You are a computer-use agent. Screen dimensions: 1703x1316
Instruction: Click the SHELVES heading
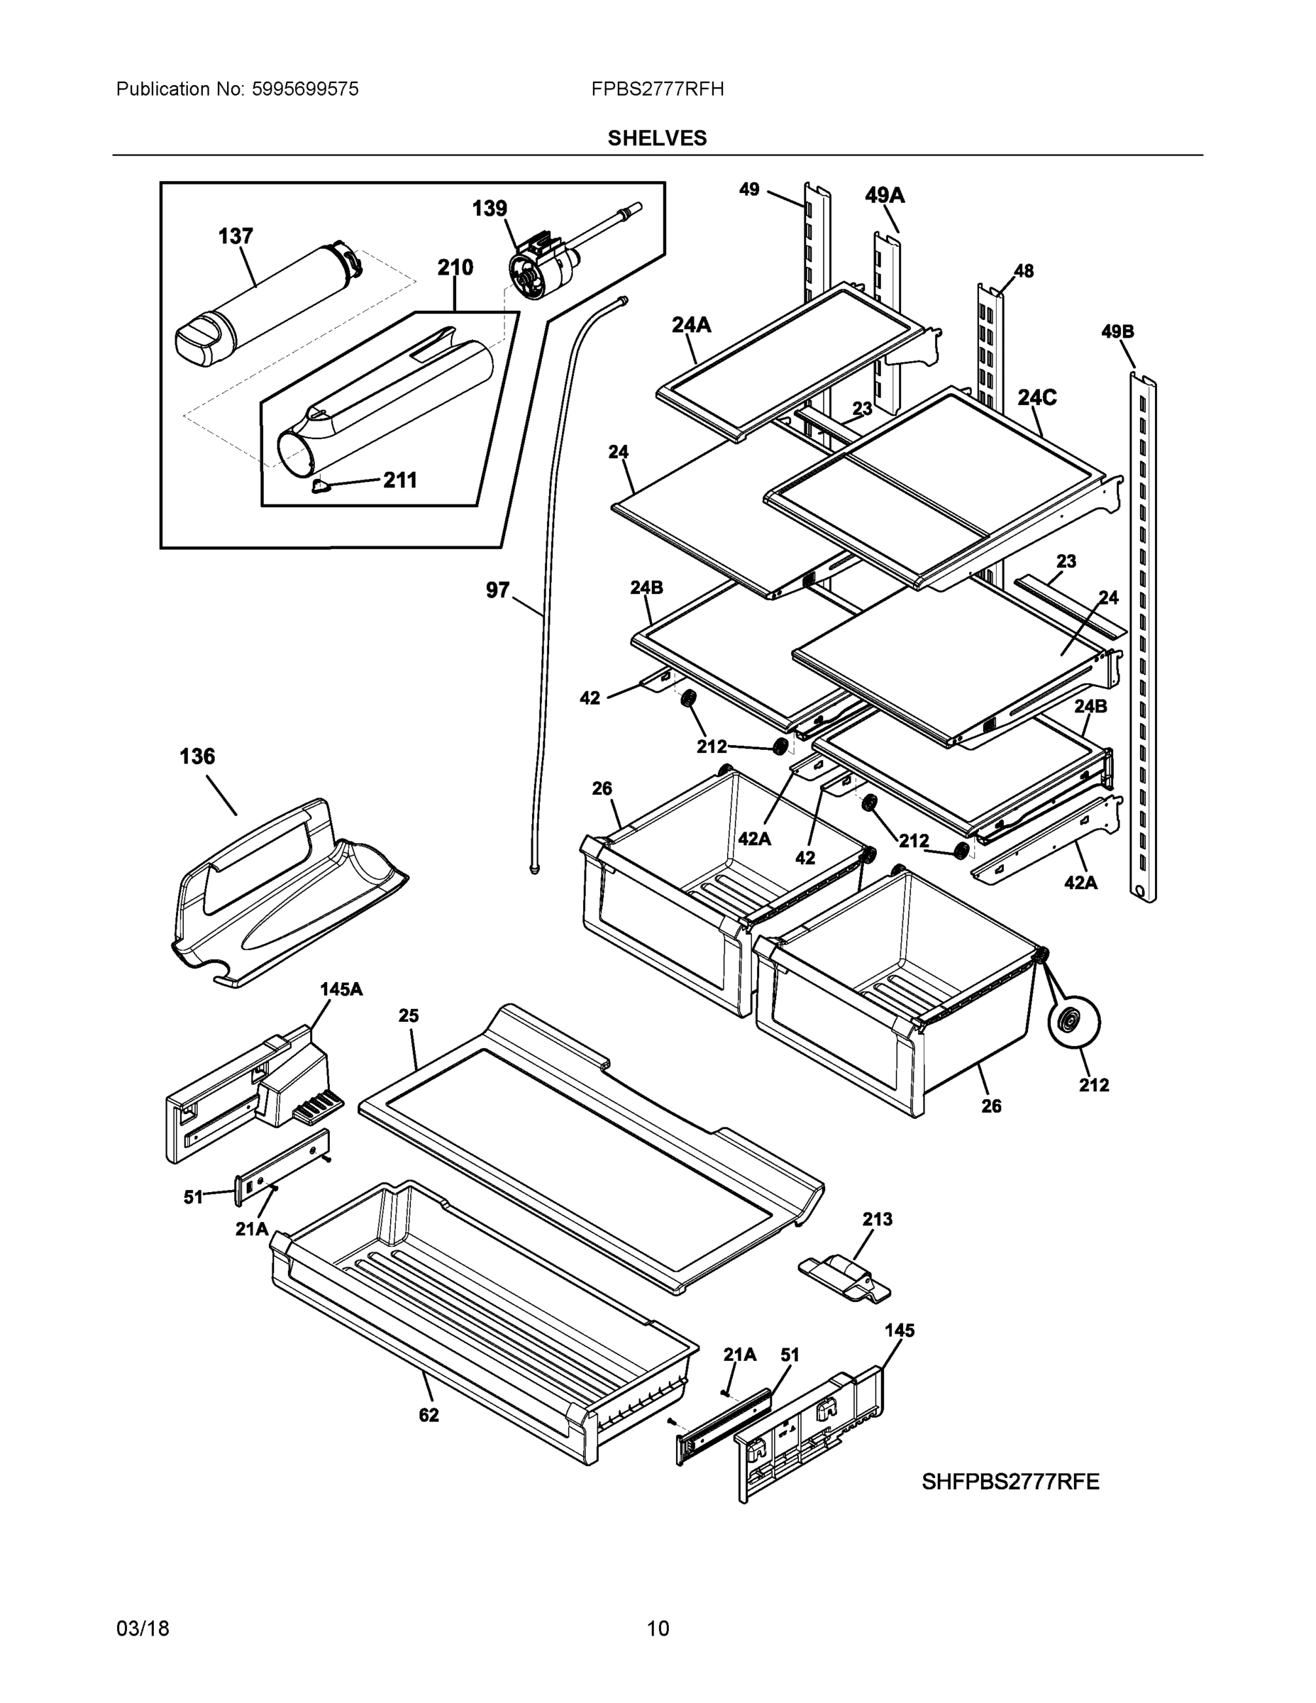[x=656, y=138]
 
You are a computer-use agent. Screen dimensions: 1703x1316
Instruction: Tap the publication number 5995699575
[x=305, y=89]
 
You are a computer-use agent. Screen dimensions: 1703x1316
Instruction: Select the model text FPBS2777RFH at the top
[x=656, y=89]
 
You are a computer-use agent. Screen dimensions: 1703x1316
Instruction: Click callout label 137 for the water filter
[x=236, y=236]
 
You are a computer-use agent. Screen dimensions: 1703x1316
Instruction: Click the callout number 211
[x=399, y=480]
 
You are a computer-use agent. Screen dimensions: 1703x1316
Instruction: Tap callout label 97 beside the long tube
[x=497, y=590]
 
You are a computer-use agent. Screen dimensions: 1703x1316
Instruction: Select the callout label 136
[x=197, y=756]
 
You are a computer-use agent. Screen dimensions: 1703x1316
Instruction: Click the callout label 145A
[x=341, y=990]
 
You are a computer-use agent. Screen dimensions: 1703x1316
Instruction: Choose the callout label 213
[x=877, y=1219]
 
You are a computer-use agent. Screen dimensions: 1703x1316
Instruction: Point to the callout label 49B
[x=1117, y=332]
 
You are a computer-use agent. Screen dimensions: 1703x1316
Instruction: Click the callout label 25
[x=409, y=1016]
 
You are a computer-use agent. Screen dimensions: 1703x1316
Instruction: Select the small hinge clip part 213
[x=845, y=1277]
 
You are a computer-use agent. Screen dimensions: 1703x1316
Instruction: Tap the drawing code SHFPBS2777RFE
[x=1010, y=1482]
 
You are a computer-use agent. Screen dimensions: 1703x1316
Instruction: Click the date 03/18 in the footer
[x=143, y=1629]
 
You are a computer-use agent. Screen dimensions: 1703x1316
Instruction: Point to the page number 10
[x=657, y=1629]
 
